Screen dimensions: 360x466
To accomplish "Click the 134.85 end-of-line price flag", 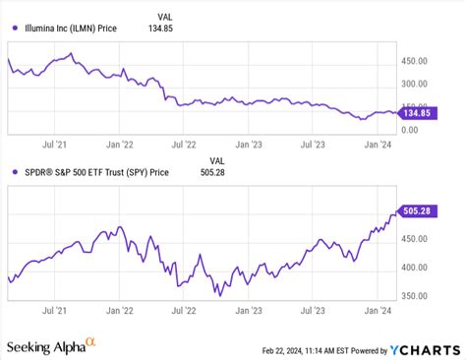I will pyautogui.click(x=418, y=112).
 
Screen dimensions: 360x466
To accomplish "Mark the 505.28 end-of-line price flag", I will pyautogui.click(x=418, y=209).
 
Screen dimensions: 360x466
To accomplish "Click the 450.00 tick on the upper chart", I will pyautogui.click(x=417, y=60).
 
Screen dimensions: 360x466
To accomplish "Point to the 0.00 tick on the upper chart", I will pyautogui.click(x=411, y=130).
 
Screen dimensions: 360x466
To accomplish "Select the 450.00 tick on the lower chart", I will pyautogui.click(x=417, y=238).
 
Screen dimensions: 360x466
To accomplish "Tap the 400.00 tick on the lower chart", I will pyautogui.click(x=417, y=268).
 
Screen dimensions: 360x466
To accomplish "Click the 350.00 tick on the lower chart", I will pyautogui.click(x=417, y=296).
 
